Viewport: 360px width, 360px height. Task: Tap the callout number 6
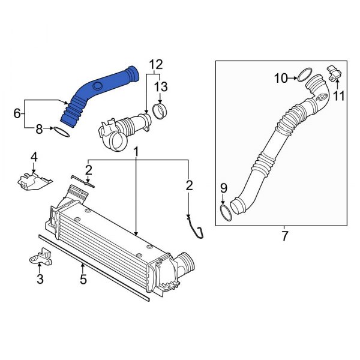click(17, 112)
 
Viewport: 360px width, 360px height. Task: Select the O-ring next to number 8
click(64, 131)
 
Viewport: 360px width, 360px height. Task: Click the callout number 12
click(156, 64)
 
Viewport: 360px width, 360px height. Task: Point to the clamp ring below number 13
click(160, 111)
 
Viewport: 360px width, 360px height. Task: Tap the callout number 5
click(83, 280)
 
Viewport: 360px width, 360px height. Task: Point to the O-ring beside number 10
click(305, 75)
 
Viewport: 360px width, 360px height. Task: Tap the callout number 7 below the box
click(284, 236)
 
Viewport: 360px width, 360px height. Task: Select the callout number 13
click(160, 88)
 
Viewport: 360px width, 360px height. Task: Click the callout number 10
click(281, 77)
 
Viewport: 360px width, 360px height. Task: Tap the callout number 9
click(223, 188)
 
